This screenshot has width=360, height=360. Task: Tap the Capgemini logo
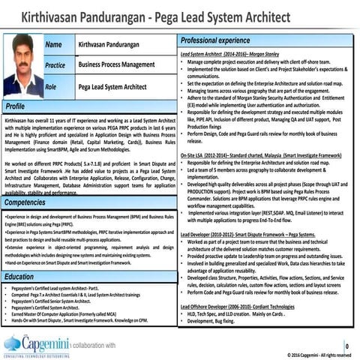(x=34, y=345)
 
